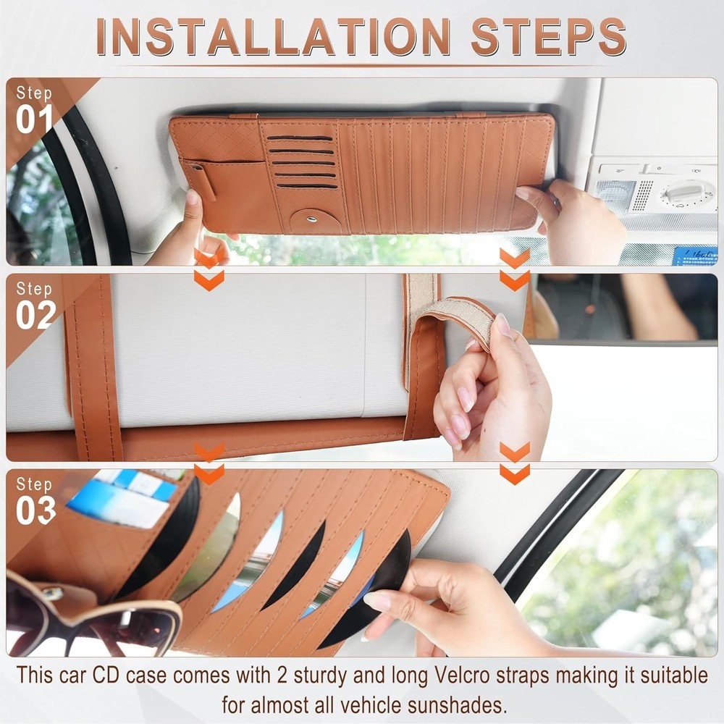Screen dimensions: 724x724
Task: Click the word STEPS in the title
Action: coord(548,36)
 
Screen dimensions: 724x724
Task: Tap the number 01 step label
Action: coord(35,120)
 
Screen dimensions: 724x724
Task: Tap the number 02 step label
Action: coord(35,315)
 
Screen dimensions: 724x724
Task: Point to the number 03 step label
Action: coord(35,510)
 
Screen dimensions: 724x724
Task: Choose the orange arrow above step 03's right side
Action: coord(515,463)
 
